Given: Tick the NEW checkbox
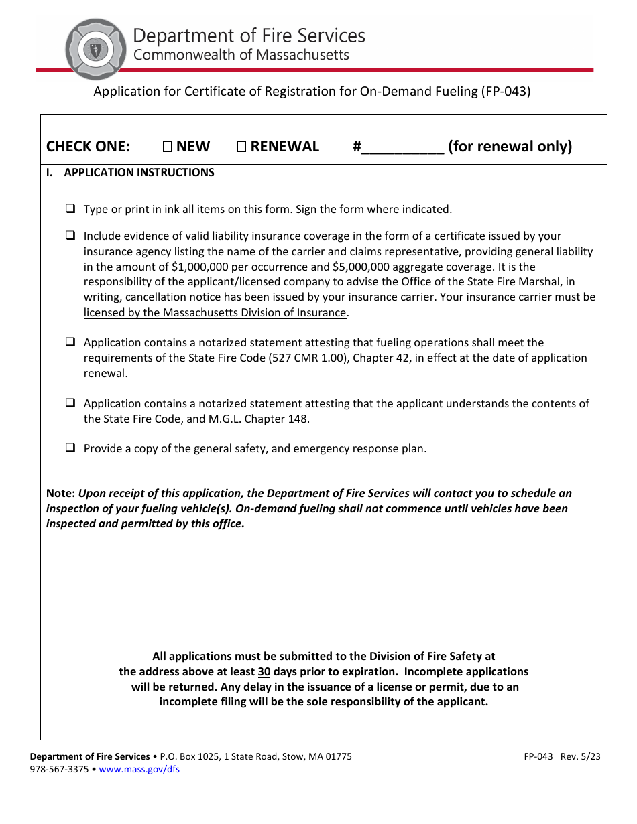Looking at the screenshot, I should [168, 147].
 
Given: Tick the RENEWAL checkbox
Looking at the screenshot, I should [241, 147].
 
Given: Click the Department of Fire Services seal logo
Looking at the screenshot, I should [95, 49].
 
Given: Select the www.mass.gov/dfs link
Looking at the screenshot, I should [139, 770].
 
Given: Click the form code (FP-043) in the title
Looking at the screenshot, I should [505, 92].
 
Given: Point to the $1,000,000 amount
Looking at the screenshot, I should [200, 267].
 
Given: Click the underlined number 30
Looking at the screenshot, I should [264, 671].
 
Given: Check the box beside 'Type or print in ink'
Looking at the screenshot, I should [70, 209].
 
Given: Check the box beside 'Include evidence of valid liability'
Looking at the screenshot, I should [70, 236].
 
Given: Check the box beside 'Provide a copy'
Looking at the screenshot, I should [70, 448].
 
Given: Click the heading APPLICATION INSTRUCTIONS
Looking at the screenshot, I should [139, 172].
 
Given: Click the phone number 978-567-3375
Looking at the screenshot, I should [59, 770].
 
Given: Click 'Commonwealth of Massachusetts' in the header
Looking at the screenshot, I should [241, 55].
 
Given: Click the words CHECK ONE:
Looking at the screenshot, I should [88, 147].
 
